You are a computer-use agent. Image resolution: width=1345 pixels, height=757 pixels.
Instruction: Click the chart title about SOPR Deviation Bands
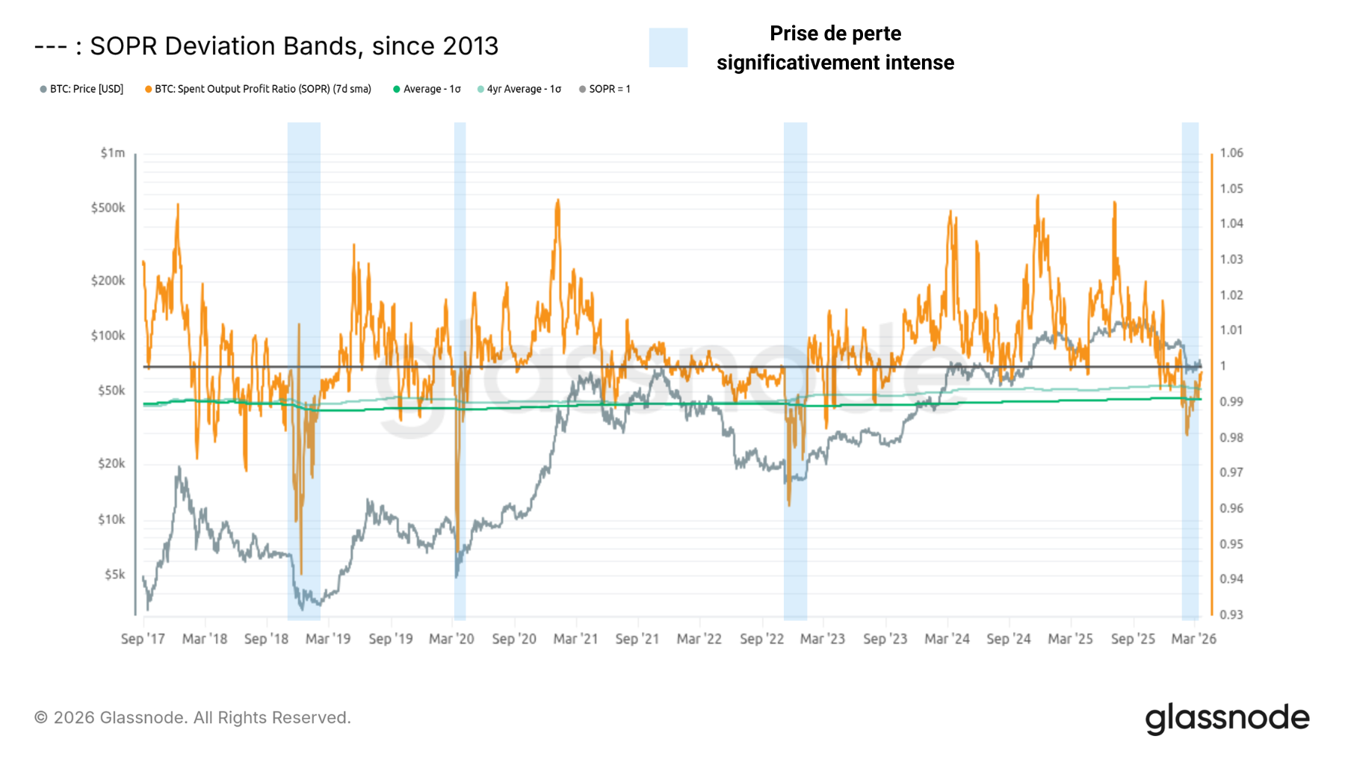point(266,46)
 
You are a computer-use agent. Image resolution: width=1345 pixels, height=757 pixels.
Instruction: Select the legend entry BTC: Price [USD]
point(81,89)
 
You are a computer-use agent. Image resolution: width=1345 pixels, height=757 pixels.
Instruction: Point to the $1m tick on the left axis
point(113,153)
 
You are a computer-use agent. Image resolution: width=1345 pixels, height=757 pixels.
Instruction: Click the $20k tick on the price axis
point(111,464)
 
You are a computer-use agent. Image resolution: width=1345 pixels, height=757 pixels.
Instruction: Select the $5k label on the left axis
point(114,575)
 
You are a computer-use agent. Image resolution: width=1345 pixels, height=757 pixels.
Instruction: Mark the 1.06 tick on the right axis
point(1231,153)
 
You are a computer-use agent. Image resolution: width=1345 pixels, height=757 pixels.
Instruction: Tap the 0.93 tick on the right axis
point(1231,615)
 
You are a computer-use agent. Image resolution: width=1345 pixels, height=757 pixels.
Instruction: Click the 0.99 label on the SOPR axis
point(1231,402)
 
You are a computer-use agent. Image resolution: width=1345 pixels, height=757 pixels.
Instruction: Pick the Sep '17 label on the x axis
point(143,639)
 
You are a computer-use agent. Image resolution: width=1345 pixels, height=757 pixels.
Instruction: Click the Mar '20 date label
point(451,639)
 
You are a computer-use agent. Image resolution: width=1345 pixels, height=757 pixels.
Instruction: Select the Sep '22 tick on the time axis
point(761,639)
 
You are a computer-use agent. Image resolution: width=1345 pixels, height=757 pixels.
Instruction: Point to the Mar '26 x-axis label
point(1193,639)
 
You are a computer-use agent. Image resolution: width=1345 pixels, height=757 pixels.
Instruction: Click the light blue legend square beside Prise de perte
point(668,48)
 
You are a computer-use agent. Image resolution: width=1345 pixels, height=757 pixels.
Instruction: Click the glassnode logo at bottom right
point(1227,718)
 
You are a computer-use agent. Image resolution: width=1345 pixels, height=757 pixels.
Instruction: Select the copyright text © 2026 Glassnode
point(192,718)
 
